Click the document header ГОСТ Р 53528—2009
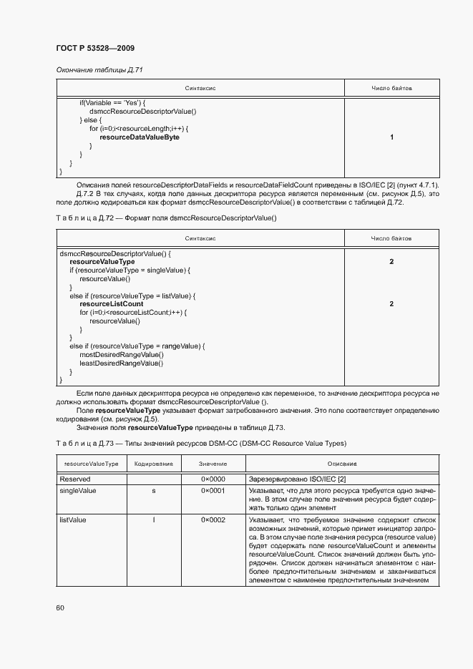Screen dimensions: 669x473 click(94, 48)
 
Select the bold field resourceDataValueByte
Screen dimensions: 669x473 click(140, 137)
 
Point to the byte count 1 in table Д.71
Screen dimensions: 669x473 click(391, 137)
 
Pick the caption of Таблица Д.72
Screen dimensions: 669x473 click(165, 218)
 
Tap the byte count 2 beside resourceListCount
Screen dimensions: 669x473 click(391, 304)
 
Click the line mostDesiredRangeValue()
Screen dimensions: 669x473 click(121, 355)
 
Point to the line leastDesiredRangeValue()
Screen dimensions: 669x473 click(121, 363)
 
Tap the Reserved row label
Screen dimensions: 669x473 click(74, 479)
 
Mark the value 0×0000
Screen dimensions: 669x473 click(213, 479)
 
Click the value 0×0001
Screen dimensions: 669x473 click(213, 491)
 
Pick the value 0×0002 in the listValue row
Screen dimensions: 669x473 click(213, 519)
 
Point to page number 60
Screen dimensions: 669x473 click(60, 607)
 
